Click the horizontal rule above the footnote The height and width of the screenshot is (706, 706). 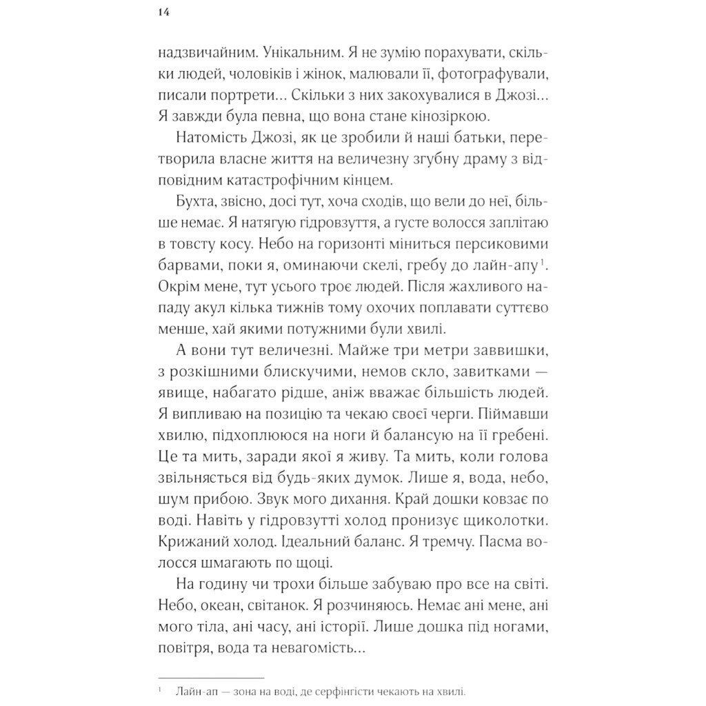(211, 678)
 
